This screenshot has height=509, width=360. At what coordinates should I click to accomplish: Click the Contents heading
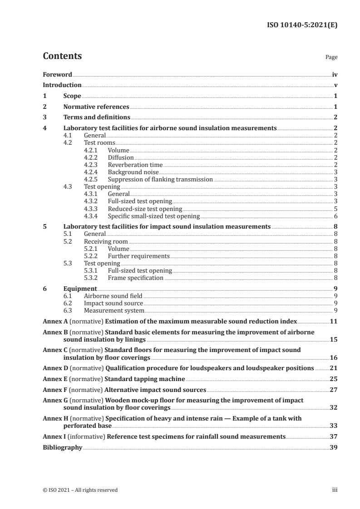(x=62, y=56)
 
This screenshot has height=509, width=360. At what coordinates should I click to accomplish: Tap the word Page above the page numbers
(x=331, y=58)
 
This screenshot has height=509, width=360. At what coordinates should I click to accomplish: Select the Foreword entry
(x=57, y=74)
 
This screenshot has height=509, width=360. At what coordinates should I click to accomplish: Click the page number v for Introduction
(x=335, y=85)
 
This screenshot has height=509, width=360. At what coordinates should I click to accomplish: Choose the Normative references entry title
(x=96, y=107)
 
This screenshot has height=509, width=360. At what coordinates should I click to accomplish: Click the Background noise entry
(x=133, y=172)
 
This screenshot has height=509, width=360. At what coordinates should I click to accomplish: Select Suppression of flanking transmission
(x=160, y=179)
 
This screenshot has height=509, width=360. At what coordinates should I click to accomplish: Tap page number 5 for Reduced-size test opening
(x=335, y=209)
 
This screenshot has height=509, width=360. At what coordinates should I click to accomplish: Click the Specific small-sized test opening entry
(x=153, y=216)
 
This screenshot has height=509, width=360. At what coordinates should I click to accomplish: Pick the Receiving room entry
(x=106, y=241)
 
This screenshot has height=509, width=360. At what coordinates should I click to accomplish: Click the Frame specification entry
(x=135, y=278)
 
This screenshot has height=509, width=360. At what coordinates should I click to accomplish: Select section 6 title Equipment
(x=80, y=289)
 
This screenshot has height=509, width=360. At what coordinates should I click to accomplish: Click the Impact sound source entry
(x=113, y=303)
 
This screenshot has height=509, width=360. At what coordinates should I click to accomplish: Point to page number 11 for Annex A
(x=334, y=321)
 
